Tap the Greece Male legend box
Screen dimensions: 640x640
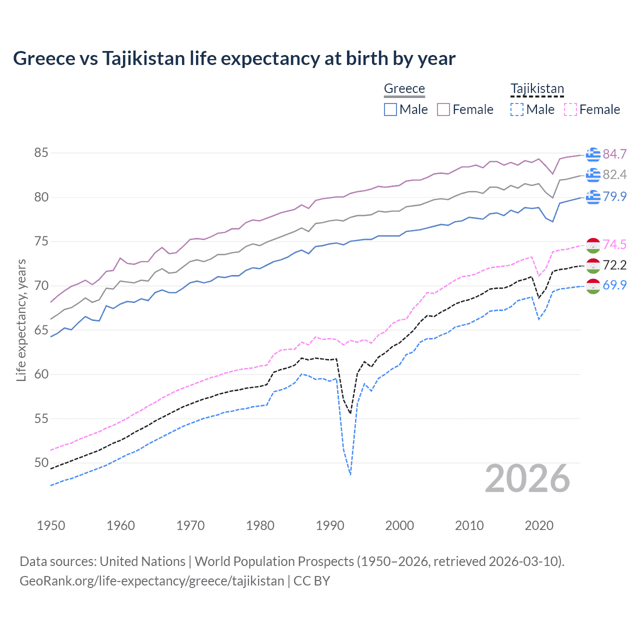click(x=390, y=109)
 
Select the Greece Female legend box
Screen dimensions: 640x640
click(x=443, y=109)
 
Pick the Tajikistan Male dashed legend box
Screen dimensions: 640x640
click(x=517, y=109)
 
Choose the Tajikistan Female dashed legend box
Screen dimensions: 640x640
click(x=570, y=109)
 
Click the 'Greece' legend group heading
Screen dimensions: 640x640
click(x=404, y=88)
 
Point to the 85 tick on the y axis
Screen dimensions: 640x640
click(x=41, y=152)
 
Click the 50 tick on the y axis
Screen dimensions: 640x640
click(x=41, y=462)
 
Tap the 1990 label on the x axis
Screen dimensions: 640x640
click(x=330, y=525)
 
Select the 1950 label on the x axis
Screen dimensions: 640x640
click(x=51, y=525)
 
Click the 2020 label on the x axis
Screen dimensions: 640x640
click(x=539, y=525)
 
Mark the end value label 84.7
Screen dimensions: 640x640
click(x=614, y=154)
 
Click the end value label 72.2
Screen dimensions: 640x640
click(x=614, y=265)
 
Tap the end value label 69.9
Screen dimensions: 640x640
click(x=614, y=285)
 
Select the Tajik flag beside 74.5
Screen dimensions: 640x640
click(x=593, y=245)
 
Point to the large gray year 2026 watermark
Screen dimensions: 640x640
click(x=527, y=478)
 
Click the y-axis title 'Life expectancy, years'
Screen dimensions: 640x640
click(x=21, y=320)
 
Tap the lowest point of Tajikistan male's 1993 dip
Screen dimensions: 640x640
click(x=350, y=474)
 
